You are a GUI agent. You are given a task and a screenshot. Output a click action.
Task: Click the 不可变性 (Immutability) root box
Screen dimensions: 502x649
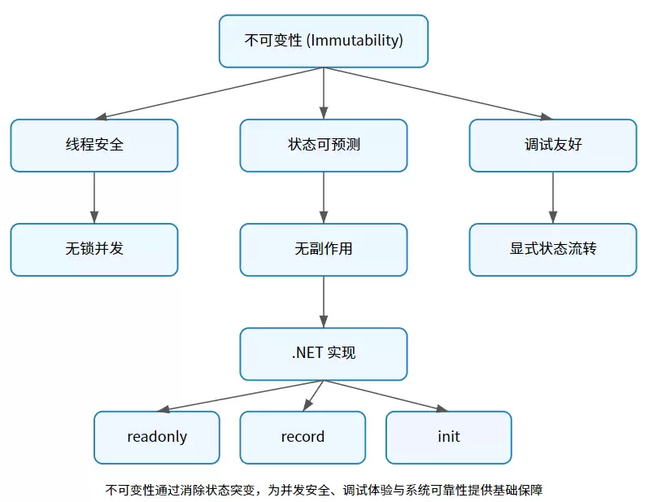[x=324, y=41]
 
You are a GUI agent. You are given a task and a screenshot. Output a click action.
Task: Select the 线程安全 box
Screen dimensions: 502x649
[x=94, y=146]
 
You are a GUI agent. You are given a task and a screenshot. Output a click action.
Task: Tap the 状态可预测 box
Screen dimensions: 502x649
[x=324, y=146]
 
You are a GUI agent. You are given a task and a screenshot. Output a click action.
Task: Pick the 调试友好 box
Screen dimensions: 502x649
[x=553, y=146]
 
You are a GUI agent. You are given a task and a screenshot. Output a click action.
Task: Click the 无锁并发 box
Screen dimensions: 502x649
[x=94, y=250]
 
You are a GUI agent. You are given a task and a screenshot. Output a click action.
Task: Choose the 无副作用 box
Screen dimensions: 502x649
[x=324, y=250]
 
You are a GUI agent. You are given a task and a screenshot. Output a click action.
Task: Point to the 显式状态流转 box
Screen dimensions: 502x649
[x=553, y=250]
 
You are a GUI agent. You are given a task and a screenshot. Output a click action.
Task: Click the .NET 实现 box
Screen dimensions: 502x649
[x=324, y=354]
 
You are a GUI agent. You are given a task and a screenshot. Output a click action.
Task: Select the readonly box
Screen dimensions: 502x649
[x=157, y=437]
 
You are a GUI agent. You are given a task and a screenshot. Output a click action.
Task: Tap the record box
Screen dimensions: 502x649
[x=303, y=437]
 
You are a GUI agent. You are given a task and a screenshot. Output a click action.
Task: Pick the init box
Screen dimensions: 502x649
[x=448, y=437]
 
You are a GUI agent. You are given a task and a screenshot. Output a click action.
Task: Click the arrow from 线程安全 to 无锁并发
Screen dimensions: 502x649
[x=94, y=198]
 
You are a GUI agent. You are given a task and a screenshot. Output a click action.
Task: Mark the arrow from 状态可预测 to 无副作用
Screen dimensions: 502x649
[x=324, y=198]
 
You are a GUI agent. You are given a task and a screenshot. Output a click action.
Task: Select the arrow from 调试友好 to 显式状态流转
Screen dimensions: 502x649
[x=553, y=198]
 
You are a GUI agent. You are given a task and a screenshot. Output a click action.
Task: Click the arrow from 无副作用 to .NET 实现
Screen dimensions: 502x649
[x=324, y=302]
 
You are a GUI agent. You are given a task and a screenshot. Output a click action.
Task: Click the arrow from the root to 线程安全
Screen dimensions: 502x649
[x=211, y=93]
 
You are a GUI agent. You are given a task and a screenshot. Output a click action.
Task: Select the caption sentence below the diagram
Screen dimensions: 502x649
[x=324, y=490]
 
